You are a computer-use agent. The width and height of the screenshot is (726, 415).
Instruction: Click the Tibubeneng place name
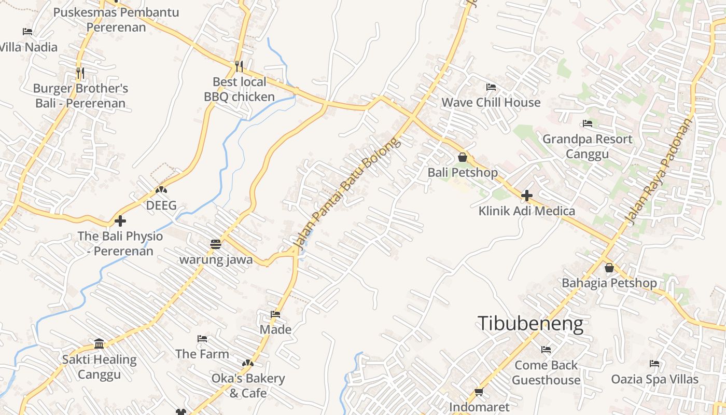click(530, 324)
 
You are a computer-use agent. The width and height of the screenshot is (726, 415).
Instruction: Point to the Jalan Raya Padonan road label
click(660, 171)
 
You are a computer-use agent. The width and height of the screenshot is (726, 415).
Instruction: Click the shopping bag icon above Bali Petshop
click(463, 157)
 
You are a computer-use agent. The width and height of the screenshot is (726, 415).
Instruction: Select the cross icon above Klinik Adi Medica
click(526, 196)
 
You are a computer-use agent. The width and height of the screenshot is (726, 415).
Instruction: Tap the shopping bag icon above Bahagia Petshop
click(609, 268)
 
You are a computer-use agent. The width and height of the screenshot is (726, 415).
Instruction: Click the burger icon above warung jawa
click(216, 244)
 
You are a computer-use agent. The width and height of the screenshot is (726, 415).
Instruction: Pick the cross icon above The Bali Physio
click(120, 221)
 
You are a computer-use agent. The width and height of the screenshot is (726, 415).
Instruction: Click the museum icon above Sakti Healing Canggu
click(99, 343)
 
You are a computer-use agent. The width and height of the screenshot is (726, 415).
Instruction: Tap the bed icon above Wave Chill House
click(491, 87)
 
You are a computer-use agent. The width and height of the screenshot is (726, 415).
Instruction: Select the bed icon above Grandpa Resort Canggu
click(588, 123)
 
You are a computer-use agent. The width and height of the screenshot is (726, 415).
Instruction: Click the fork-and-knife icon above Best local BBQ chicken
click(239, 66)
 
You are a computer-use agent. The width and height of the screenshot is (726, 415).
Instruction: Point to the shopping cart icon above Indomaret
click(479, 392)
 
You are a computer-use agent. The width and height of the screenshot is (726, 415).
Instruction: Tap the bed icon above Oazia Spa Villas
click(654, 364)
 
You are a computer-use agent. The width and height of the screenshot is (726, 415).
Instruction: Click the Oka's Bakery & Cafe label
click(248, 385)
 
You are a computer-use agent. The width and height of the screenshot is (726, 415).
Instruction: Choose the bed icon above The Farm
click(202, 339)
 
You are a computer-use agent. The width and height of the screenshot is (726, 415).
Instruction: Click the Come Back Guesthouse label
click(546, 372)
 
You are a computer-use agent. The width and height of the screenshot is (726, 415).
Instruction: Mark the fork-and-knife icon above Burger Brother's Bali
click(80, 73)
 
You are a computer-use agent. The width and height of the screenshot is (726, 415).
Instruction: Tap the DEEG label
click(161, 205)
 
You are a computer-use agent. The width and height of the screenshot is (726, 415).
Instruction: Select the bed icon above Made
click(275, 314)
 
